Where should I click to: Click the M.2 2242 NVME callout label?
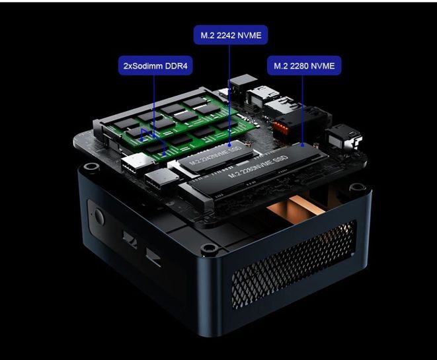click(231, 35)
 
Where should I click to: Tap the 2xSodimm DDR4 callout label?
click(155, 65)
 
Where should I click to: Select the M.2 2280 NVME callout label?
click(304, 65)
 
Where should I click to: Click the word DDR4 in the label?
click(177, 66)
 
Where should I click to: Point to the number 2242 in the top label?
click(226, 36)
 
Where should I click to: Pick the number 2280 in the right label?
click(299, 66)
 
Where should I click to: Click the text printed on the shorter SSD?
click(216, 156)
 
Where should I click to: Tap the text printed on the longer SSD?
click(258, 166)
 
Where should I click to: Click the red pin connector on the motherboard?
click(282, 127)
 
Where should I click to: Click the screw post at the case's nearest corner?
click(210, 247)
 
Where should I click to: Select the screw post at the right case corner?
click(358, 187)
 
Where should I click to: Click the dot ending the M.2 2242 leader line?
click(229, 145)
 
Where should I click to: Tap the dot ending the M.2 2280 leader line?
click(303, 145)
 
